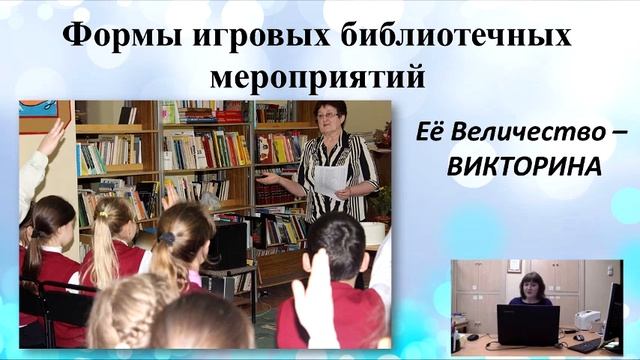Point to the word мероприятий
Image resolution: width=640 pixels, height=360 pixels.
click(x=318, y=75)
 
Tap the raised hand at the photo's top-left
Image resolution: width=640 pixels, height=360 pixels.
click(x=50, y=135)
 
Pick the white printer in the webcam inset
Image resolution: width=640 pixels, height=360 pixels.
click(x=586, y=318)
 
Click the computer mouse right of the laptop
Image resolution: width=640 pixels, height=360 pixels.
click(x=567, y=337)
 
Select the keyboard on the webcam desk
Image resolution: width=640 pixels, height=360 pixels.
click(x=586, y=344)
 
